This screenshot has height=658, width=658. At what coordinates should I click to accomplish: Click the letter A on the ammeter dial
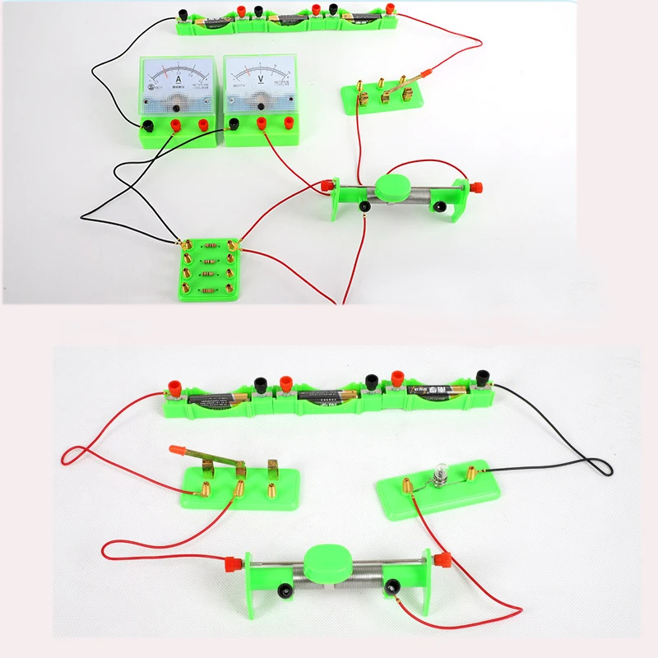coord(179,80)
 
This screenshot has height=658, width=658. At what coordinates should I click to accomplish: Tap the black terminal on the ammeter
coord(149,126)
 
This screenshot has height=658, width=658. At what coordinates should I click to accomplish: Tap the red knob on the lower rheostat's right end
coord(440,559)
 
